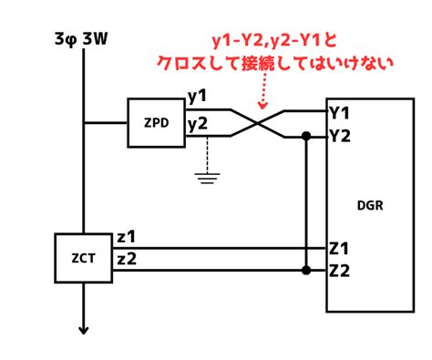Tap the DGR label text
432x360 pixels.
point(370,206)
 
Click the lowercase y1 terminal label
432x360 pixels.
point(197,96)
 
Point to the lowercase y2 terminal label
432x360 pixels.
point(198,124)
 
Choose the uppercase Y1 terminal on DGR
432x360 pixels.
point(339,114)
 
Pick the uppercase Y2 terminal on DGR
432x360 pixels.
point(340,136)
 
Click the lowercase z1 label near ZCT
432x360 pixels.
point(126,237)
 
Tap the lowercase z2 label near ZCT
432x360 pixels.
point(127,259)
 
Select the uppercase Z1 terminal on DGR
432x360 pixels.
point(339,249)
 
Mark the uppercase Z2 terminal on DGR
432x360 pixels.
point(340,271)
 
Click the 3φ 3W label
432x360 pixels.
point(81,39)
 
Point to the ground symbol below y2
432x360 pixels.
point(207,179)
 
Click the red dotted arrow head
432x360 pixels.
point(262,105)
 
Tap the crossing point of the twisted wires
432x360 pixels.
point(257,123)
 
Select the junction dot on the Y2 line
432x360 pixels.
point(306,136)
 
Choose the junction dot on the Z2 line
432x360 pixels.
point(306,270)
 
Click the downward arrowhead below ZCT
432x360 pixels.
point(84,331)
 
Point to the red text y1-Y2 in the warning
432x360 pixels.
point(237,41)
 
